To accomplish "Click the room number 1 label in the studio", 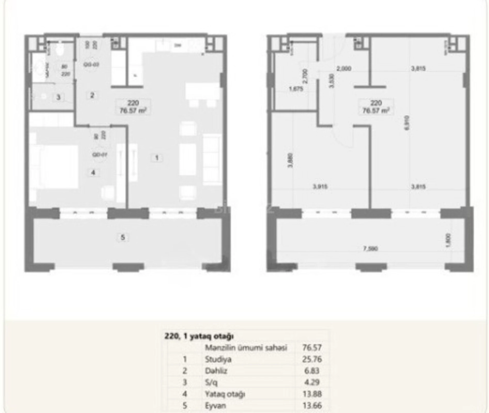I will tap(156, 158).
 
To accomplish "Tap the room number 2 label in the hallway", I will tap(92, 96).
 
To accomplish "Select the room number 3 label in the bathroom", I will tap(58, 97).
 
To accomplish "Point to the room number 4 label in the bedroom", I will tap(93, 172).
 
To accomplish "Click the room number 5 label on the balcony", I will tap(123, 237).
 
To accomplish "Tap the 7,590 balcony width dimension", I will tap(370, 249).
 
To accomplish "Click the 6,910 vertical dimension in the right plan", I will tap(407, 122).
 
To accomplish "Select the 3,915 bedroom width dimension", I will tap(320, 186).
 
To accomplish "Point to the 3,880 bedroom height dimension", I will tap(290, 160).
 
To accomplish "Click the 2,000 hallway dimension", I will tap(344, 68).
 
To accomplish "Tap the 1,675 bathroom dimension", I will tap(296, 89).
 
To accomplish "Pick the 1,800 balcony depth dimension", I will tap(448, 240).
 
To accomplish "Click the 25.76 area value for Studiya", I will tap(312, 359).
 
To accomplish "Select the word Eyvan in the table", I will tap(215, 406).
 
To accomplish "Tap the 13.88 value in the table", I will tap(312, 394).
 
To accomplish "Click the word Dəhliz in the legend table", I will tap(216, 371).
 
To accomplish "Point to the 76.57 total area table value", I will tap(312, 347).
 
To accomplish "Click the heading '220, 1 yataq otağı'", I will tap(199, 336).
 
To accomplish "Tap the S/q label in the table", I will tap(211, 382).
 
